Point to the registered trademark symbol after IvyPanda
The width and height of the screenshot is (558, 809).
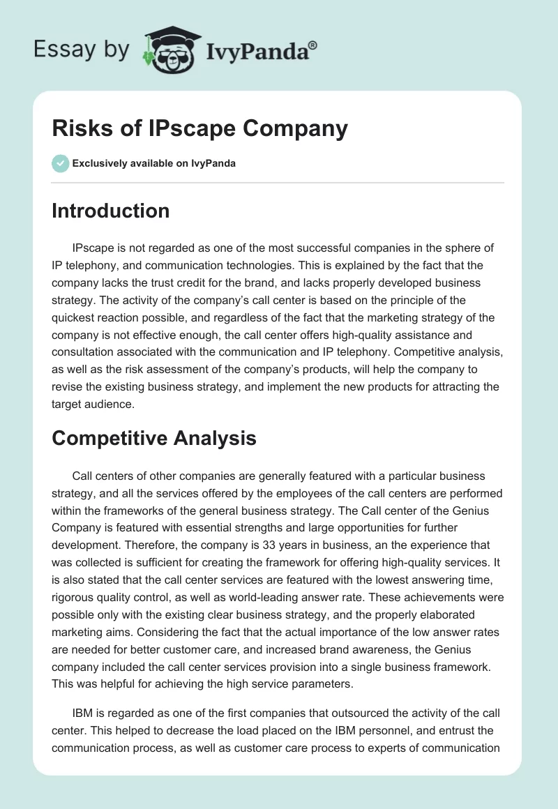pos(313,44)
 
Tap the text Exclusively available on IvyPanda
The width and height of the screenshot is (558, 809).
pos(154,163)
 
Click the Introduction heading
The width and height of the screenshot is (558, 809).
pos(110,211)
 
